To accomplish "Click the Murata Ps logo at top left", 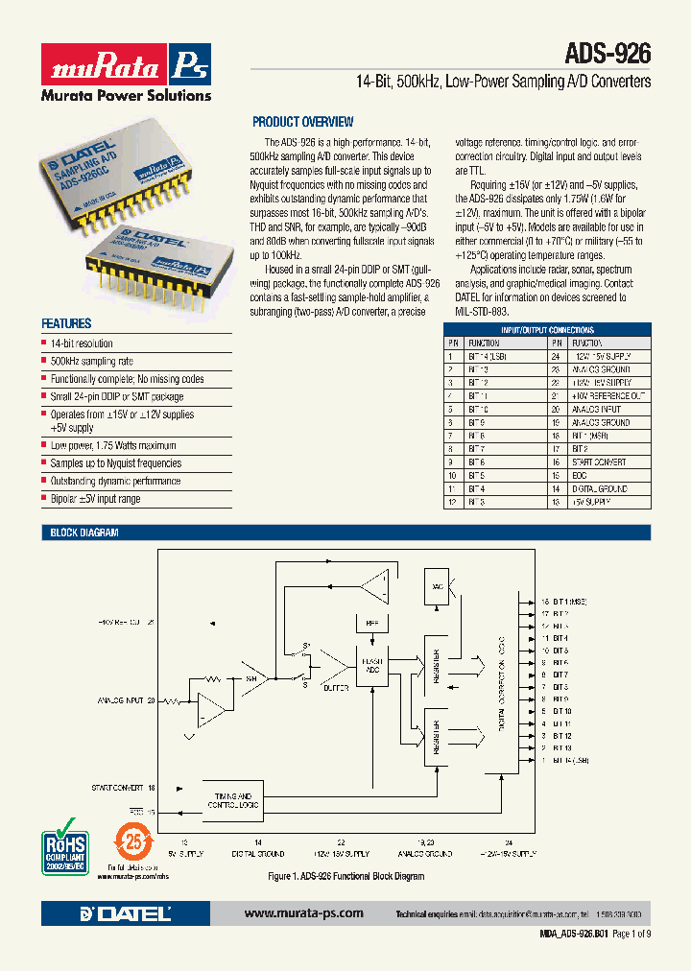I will [125, 65].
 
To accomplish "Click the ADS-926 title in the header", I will [609, 53].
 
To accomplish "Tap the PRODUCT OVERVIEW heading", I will [302, 122].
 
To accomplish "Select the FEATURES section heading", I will [66, 324].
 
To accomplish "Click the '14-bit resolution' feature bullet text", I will [82, 343].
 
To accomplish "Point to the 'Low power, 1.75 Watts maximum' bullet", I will [113, 445].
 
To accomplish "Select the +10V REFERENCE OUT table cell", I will [608, 395].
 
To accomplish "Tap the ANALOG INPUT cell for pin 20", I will [597, 409].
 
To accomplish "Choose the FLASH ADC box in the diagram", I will [372, 666].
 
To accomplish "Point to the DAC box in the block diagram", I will [438, 586].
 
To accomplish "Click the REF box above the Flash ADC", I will [372, 624].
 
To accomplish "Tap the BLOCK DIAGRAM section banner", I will [81, 533].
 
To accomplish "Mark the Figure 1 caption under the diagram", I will [345, 876].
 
